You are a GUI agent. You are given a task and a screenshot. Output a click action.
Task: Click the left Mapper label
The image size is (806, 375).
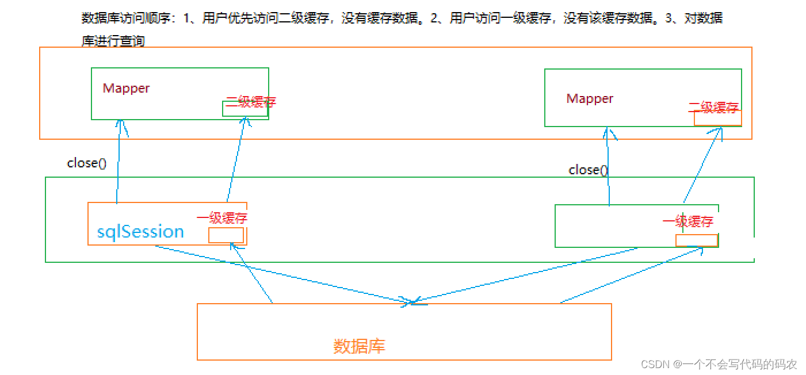pyautogui.click(x=126, y=88)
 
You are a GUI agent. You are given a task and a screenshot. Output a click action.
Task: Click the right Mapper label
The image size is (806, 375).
pyautogui.click(x=590, y=98)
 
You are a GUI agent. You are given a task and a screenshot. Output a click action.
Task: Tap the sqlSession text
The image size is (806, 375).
pyautogui.click(x=140, y=232)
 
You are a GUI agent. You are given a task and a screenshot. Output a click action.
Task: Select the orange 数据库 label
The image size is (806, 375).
pyautogui.click(x=359, y=346)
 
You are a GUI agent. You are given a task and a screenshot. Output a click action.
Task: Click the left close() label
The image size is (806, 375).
pyautogui.click(x=87, y=163)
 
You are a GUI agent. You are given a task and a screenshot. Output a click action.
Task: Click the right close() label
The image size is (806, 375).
pyautogui.click(x=588, y=170)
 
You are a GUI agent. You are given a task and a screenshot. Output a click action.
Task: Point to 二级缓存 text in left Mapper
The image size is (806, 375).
pyautogui.click(x=251, y=102)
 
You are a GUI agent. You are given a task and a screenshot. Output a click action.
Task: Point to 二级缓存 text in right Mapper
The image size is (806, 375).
pyautogui.click(x=713, y=107)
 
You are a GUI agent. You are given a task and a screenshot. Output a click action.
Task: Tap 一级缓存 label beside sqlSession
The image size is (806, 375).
pyautogui.click(x=222, y=218)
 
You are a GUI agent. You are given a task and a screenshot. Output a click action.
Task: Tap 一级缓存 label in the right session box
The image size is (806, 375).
pyautogui.click(x=687, y=221)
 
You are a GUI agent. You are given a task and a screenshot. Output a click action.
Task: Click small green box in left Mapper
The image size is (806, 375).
pyautogui.click(x=245, y=109)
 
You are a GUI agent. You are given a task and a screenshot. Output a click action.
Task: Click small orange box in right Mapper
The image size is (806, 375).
pyautogui.click(x=717, y=118)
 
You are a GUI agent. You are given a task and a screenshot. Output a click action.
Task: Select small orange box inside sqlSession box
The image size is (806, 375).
pyautogui.click(x=226, y=235)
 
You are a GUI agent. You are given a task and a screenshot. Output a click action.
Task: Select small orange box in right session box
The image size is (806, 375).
pyautogui.click(x=696, y=240)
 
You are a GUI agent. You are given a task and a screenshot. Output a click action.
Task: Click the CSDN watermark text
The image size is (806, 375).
pyautogui.click(x=719, y=364)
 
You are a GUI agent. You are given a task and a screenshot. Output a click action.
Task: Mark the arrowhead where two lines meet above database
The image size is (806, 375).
pyautogui.click(x=412, y=302)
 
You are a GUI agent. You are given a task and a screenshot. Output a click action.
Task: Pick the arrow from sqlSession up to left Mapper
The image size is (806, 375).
pyautogui.click(x=119, y=161)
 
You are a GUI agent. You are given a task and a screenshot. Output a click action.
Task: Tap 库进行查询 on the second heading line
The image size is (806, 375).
pyautogui.click(x=113, y=41)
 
